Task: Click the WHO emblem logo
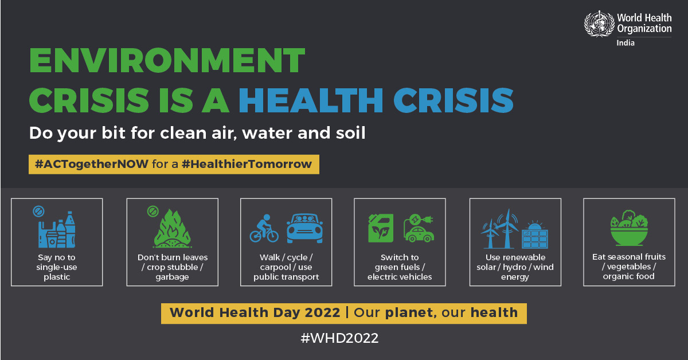coord(599,24)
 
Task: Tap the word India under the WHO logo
coord(626,42)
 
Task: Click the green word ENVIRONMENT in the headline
coord(167,60)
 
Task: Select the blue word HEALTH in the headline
coord(311,100)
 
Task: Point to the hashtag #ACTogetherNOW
coord(92,164)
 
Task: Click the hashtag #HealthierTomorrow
coord(247,164)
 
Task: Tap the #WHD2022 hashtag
coord(339,338)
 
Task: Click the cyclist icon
coord(264,228)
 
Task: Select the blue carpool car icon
coord(304,228)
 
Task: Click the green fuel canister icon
coord(381,228)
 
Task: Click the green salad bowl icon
coord(629,228)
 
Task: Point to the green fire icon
coord(173,228)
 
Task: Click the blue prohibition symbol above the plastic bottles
coord(38,212)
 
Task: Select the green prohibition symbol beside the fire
coord(153,211)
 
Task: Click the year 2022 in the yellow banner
coord(322,312)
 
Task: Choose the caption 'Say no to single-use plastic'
coord(57,267)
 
